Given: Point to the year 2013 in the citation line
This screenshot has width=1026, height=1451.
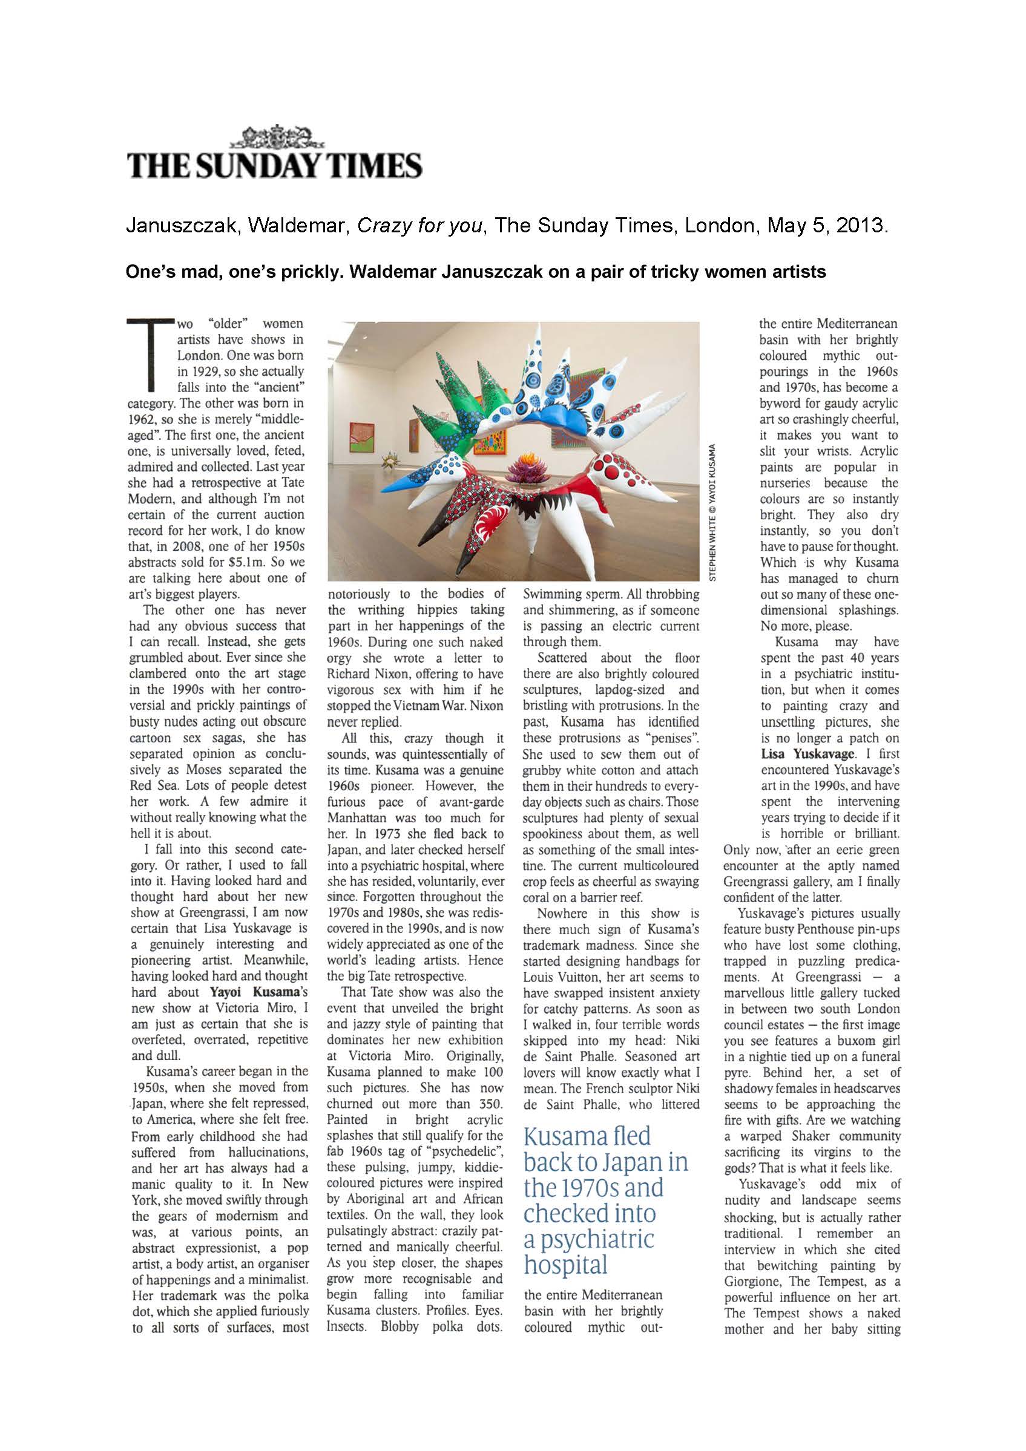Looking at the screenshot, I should (860, 226).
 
